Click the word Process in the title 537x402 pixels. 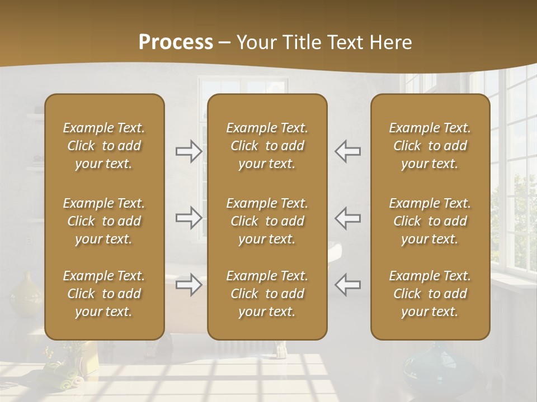coord(176,42)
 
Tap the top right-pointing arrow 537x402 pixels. coord(189,151)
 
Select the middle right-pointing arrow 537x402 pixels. coord(189,218)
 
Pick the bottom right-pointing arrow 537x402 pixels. coord(189,285)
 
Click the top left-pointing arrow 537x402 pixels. coord(348,151)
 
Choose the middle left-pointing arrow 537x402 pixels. coord(348,218)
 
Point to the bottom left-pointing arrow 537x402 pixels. coord(348,285)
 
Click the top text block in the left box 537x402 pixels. coord(104,146)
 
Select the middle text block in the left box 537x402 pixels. coord(104,221)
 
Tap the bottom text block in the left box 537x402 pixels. coord(104,294)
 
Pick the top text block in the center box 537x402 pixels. coord(267,146)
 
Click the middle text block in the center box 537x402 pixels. coord(267,221)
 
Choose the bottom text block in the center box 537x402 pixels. coord(267,294)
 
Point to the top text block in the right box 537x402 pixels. coord(430,146)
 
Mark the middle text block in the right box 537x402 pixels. coord(430,221)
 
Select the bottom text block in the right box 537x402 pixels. coord(430,294)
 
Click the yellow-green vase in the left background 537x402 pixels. coord(25,294)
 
